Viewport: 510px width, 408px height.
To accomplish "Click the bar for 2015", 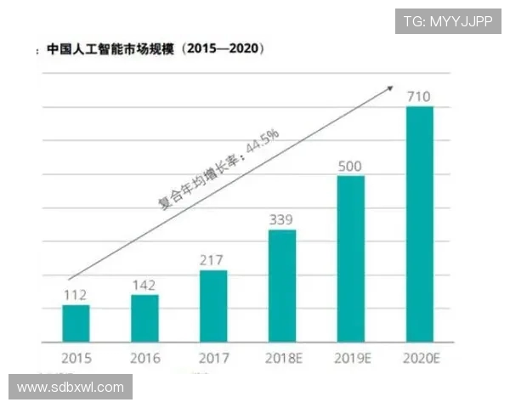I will (x=75, y=323).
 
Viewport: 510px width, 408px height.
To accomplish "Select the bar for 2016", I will (x=144, y=318).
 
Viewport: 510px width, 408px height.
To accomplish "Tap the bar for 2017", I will (x=213, y=306).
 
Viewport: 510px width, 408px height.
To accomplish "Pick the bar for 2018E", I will (x=282, y=286).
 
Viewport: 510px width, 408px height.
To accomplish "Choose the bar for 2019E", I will (x=351, y=258).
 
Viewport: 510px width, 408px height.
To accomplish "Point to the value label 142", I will (x=144, y=284).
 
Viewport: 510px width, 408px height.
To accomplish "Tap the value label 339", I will (x=282, y=219).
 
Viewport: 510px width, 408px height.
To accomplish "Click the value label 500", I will (x=351, y=165).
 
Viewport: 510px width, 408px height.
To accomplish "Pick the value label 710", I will (x=420, y=95).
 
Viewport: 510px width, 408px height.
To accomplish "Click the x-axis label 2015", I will (x=76, y=358).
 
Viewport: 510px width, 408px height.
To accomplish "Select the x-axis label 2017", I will (x=213, y=358).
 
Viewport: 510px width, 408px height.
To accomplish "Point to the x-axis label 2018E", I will (x=282, y=358).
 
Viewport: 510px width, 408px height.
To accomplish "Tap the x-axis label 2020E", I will (x=421, y=358).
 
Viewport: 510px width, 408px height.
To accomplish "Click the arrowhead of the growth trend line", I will (x=390, y=87).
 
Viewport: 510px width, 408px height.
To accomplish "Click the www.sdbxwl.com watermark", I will (x=71, y=388).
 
